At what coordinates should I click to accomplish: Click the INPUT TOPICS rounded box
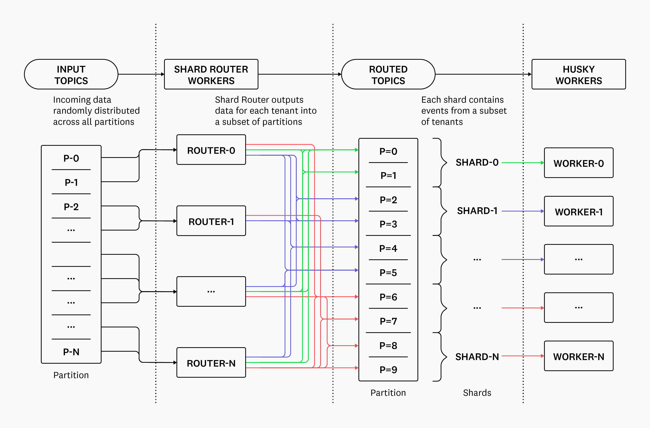click(x=71, y=74)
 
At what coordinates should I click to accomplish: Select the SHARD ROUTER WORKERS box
click(x=211, y=74)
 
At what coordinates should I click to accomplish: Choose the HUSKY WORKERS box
click(x=578, y=74)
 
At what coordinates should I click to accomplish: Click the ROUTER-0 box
click(x=211, y=150)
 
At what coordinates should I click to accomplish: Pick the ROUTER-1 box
click(x=211, y=221)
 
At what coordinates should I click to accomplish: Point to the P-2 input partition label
click(x=71, y=207)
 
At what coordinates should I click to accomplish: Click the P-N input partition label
click(x=71, y=352)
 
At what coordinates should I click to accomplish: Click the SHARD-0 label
click(x=477, y=163)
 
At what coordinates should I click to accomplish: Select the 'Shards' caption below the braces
click(x=477, y=392)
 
